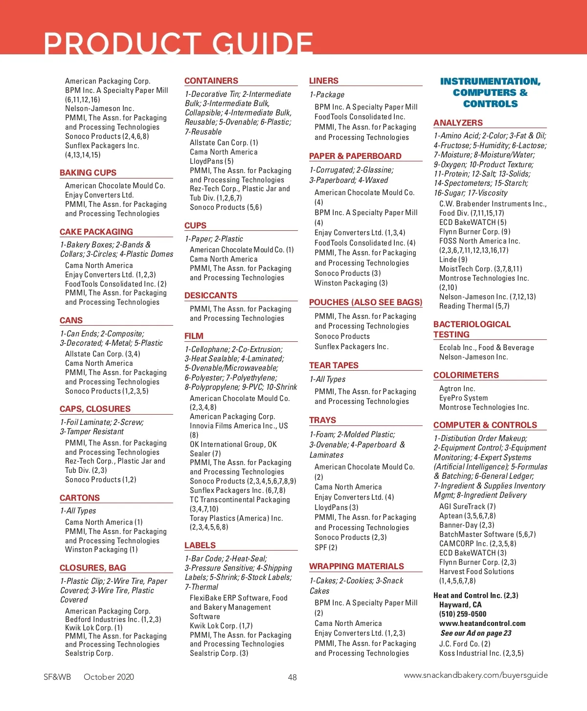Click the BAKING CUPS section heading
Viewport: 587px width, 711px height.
coord(88,173)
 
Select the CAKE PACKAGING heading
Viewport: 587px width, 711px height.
coord(96,232)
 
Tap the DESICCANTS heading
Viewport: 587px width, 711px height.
coord(211,295)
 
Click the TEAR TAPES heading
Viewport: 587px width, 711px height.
coord(334,365)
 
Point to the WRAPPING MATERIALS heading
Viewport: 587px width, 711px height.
coord(357,566)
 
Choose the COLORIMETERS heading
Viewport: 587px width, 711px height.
coord(466,375)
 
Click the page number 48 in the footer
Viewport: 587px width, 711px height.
coord(293,677)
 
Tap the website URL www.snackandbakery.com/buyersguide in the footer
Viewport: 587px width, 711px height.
coord(475,675)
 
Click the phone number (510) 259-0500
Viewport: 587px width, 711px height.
coord(463,614)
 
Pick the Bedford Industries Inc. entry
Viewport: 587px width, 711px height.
coord(113,620)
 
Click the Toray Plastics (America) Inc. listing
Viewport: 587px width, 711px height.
coord(236,518)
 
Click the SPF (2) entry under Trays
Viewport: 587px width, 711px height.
coord(326,548)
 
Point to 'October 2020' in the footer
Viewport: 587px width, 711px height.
coord(109,677)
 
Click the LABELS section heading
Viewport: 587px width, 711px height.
coord(200,545)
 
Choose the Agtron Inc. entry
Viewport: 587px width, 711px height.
coord(457,389)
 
